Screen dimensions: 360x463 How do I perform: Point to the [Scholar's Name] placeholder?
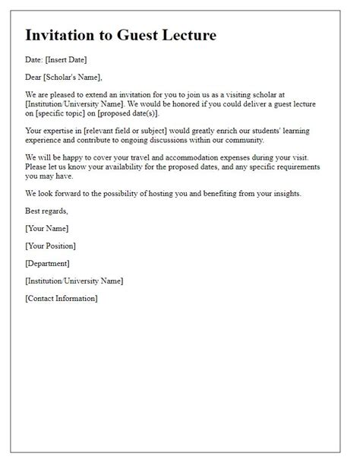[73, 77]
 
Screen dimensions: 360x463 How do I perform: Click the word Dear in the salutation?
[34, 77]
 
